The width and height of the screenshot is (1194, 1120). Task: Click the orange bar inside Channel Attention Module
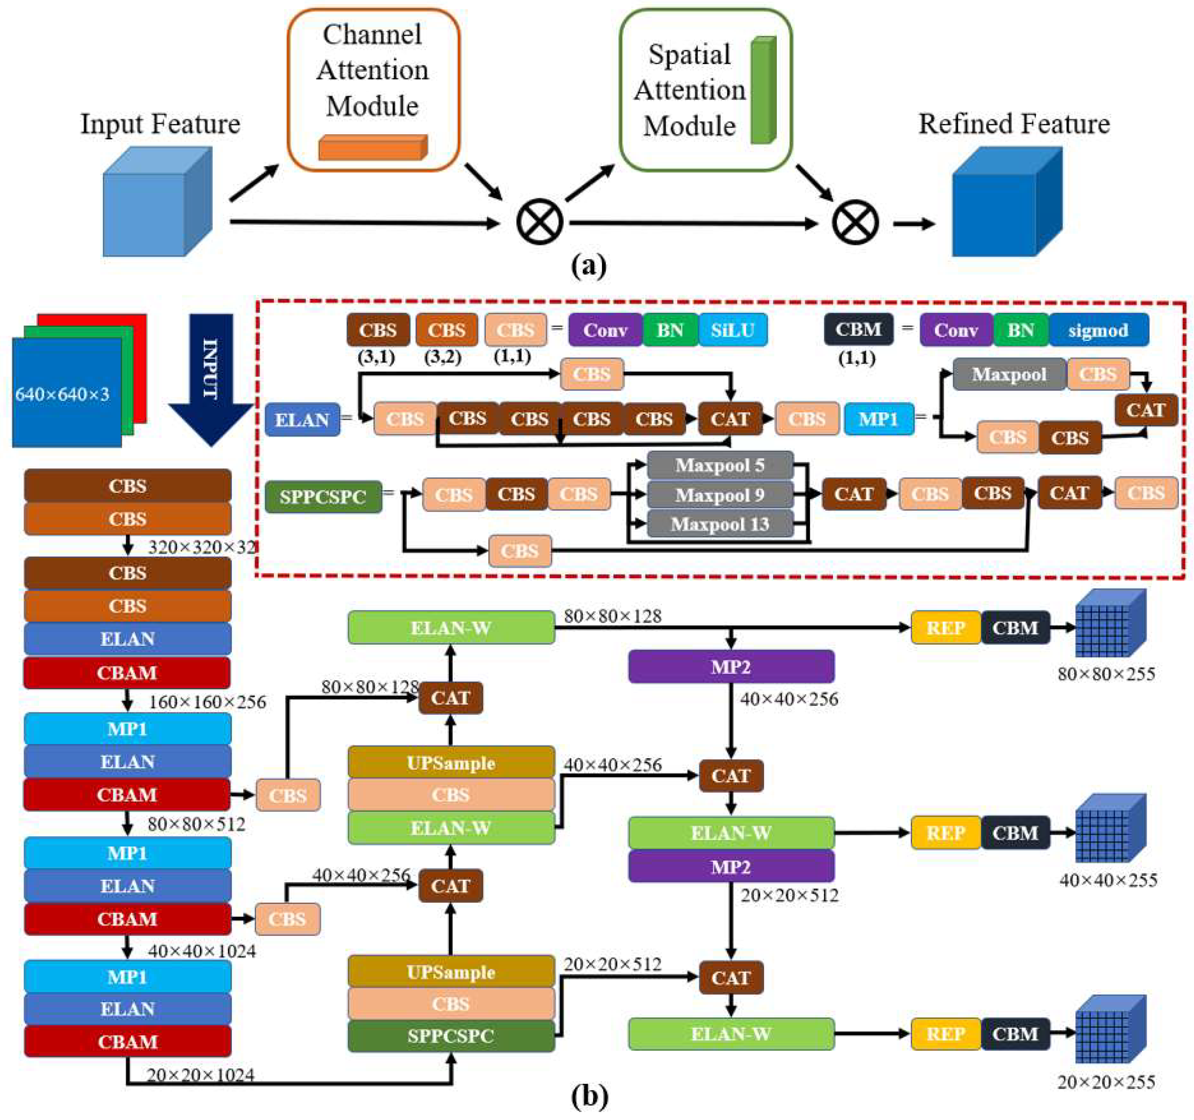[372, 148]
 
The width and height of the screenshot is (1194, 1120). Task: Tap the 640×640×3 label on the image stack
[62, 395]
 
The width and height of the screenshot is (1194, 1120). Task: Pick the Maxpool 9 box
[719, 495]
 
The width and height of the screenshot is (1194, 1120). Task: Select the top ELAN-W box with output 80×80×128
[451, 628]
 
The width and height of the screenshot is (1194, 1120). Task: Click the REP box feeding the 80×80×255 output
[945, 628]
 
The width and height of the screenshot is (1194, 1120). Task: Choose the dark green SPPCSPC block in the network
[451, 1035]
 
